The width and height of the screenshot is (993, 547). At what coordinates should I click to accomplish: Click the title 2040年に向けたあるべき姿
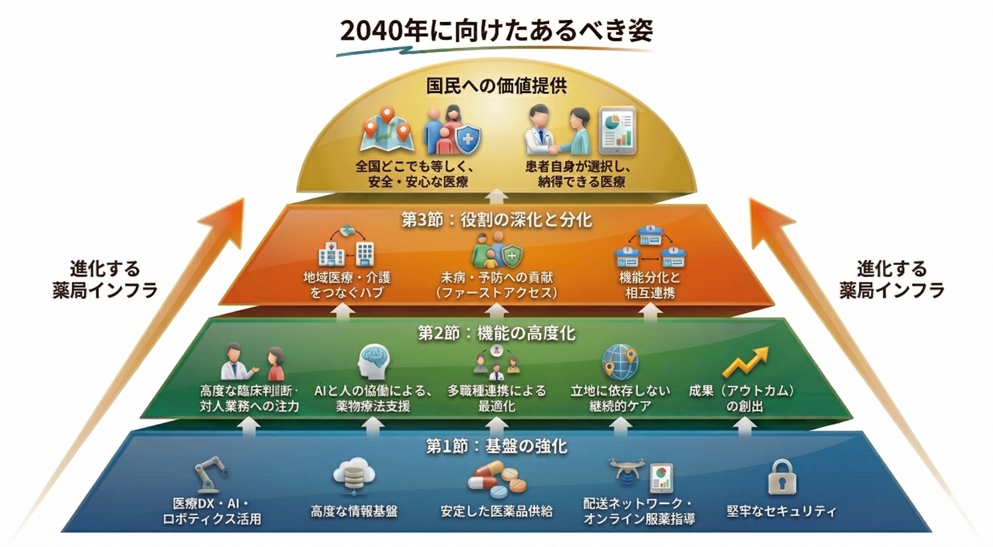[496, 31]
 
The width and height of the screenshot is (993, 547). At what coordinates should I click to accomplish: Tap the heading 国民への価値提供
[496, 86]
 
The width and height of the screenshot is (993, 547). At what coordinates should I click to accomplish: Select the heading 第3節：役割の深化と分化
[496, 220]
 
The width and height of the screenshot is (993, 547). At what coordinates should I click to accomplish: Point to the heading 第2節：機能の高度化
[496, 332]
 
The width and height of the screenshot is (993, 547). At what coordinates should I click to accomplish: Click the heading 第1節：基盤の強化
[496, 446]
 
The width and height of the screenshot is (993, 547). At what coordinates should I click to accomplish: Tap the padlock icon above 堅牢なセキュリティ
[782, 477]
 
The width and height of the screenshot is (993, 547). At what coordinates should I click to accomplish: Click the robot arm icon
[211, 474]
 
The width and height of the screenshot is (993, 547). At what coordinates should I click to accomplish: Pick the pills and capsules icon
[497, 478]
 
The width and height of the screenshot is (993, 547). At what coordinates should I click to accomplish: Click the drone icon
[626, 469]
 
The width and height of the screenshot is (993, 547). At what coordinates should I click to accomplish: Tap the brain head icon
[373, 362]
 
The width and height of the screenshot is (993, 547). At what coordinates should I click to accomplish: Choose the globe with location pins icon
[620, 362]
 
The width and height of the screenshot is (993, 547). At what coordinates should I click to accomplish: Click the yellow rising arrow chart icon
[745, 362]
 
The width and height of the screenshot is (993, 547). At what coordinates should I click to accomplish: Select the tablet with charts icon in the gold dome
[617, 129]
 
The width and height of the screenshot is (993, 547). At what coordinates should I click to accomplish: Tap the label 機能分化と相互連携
[650, 285]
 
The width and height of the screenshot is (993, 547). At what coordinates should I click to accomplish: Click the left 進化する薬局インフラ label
[105, 280]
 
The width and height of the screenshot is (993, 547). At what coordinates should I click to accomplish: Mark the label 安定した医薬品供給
[496, 511]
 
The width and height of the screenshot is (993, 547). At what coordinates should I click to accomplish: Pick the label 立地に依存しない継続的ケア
[620, 398]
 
